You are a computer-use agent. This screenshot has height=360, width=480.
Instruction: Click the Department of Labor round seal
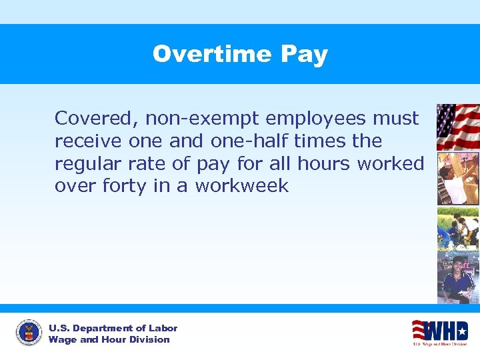click(28, 333)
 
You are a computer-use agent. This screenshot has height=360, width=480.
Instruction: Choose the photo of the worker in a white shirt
click(457, 179)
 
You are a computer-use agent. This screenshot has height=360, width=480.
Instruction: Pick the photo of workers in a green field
click(457, 227)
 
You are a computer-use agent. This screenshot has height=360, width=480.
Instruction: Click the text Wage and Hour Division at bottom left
click(109, 339)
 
